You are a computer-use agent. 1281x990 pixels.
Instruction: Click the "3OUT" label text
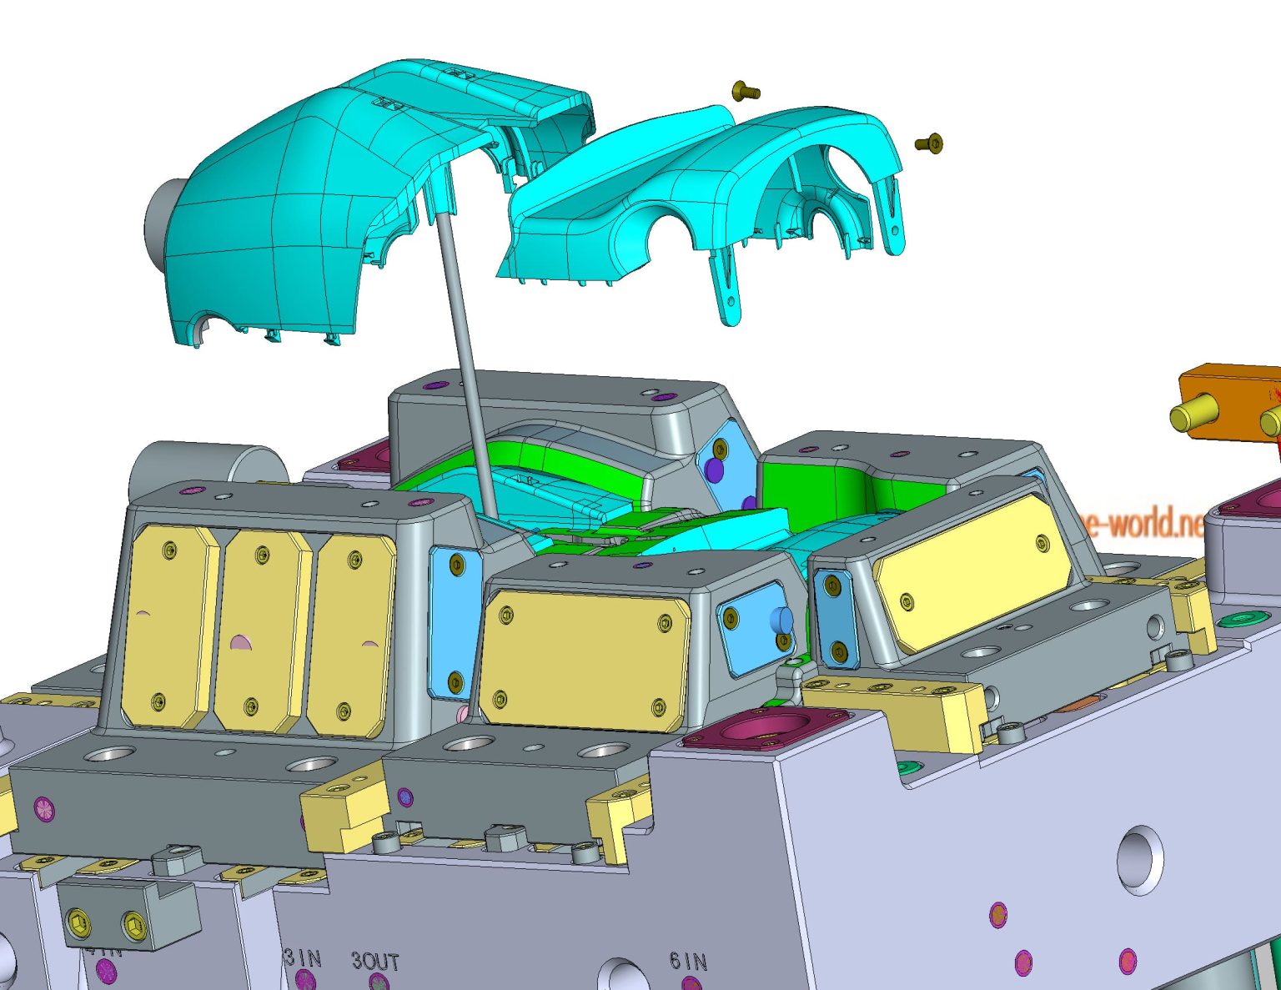(375, 962)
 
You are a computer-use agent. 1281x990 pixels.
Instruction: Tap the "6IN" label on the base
(688, 962)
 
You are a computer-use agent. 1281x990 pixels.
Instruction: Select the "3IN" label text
(303, 958)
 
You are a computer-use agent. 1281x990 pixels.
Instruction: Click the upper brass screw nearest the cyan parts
(745, 90)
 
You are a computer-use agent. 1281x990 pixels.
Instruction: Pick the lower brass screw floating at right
(930, 143)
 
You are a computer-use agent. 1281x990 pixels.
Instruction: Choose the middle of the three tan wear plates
(261, 632)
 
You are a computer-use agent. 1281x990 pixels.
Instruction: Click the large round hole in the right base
(1140, 859)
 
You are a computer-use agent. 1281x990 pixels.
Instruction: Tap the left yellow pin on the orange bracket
(1192, 415)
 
